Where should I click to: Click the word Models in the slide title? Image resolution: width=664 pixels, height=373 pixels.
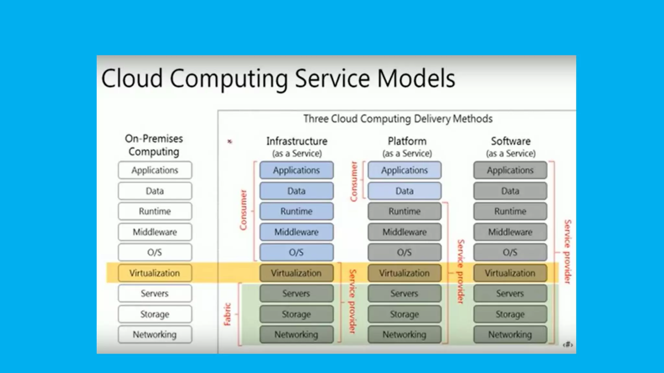(x=416, y=79)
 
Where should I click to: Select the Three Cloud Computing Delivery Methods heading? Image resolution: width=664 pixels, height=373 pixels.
(x=398, y=119)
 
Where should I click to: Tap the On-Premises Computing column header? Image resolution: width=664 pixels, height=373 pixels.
(x=154, y=145)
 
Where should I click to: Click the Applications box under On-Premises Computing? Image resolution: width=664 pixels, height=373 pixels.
(x=155, y=170)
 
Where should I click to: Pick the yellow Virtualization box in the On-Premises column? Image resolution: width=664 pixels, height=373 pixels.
(x=155, y=273)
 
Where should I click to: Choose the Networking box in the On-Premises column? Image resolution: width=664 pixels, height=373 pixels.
(x=155, y=334)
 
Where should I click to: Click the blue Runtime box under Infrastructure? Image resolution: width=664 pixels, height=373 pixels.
(x=296, y=211)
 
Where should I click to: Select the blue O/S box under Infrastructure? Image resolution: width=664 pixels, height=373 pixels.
(x=296, y=252)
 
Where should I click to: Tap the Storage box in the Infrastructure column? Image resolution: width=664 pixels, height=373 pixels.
(x=296, y=314)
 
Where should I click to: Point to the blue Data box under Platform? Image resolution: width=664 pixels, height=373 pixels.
(x=404, y=191)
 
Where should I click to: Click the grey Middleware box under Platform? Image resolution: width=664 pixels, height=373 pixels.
(x=404, y=232)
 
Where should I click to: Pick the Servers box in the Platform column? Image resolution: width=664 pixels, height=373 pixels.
(x=404, y=293)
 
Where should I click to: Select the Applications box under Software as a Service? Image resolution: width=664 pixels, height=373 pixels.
(x=510, y=170)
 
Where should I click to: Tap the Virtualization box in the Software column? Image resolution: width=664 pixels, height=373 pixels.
(x=510, y=273)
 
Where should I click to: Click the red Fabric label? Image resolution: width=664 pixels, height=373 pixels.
(x=227, y=314)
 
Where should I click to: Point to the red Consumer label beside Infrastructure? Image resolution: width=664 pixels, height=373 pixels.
(x=243, y=210)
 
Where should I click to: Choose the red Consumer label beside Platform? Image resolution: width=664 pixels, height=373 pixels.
(x=354, y=181)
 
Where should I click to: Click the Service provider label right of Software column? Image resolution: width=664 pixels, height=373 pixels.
(x=567, y=252)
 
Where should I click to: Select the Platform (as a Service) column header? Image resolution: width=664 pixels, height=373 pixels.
(x=407, y=147)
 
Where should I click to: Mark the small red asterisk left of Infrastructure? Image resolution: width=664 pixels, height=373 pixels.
(x=230, y=141)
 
